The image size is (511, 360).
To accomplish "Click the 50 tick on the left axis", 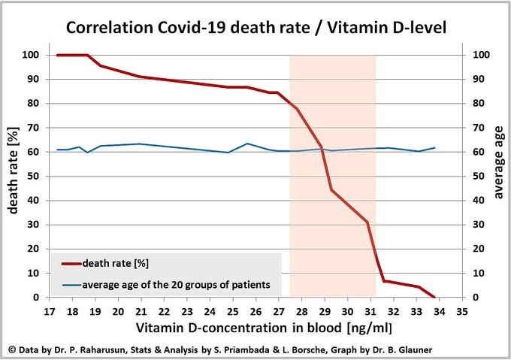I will coord(34,176).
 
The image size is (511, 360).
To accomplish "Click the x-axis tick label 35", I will coord(461,310).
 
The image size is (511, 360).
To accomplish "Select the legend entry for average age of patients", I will coord(181,285).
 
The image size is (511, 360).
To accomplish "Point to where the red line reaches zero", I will coord(434,297).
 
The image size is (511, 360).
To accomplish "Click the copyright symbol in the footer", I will coord(12,349).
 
